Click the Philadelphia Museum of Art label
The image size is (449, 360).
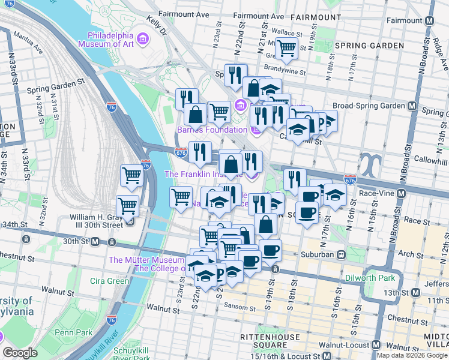coord(106,34)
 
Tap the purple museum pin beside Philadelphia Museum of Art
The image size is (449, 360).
coord(142,40)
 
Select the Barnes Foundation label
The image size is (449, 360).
coord(212,130)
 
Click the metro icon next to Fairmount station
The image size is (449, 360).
coord(429,20)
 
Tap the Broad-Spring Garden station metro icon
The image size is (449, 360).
coord(412,106)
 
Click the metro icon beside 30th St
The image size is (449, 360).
coord(95,241)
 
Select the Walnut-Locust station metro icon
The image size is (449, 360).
coord(376,346)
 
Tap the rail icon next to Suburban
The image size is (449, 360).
coord(341,254)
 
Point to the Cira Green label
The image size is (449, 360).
coord(109,281)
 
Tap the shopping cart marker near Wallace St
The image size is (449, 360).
coord(286,48)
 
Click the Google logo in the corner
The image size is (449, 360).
coord(20,353)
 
